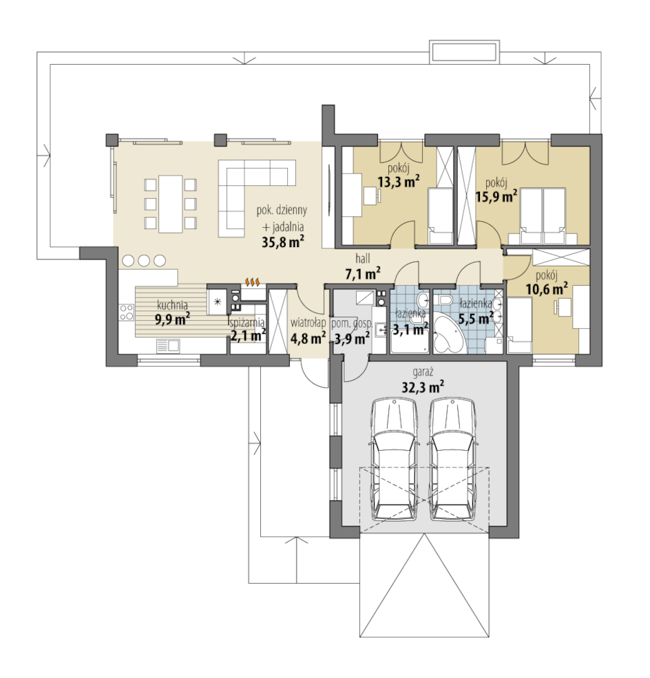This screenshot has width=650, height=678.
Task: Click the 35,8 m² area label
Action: tap(283, 242)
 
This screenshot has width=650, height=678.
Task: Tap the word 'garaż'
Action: tap(423, 372)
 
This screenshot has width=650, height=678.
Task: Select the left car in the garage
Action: tap(395, 460)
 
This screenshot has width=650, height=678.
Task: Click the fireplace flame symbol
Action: tap(253, 282)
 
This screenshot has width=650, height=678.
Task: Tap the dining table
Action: tap(170, 204)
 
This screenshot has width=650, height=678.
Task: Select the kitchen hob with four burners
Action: tap(127, 312)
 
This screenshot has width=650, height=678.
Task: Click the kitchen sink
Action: tap(168, 346)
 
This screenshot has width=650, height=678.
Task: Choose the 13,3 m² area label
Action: tap(398, 182)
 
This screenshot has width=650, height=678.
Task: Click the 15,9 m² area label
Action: tap(496, 197)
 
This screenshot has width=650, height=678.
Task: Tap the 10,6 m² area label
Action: tap(547, 289)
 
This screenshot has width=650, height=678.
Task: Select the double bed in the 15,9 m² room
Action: tap(543, 215)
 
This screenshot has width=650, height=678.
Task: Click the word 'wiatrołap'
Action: tap(308, 323)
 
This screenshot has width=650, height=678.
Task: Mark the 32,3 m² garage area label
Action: tap(423, 387)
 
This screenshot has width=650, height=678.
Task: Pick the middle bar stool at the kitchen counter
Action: tap(144, 260)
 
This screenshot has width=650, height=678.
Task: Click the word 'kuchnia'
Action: tap(172, 305)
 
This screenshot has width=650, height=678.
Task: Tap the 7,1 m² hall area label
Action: tap(362, 274)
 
